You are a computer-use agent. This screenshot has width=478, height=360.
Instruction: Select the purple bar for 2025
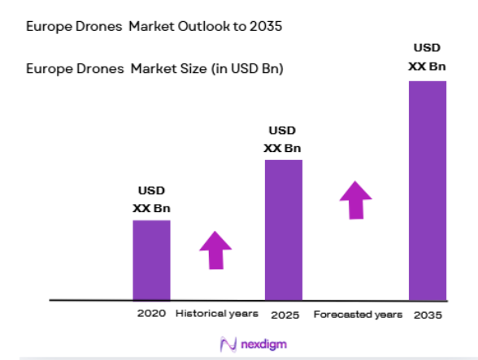coord(283,230)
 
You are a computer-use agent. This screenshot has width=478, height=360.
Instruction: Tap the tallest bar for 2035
coord(427,191)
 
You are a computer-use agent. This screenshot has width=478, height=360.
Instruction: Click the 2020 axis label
coord(151,314)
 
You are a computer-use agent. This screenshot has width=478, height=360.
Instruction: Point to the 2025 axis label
coord(284,314)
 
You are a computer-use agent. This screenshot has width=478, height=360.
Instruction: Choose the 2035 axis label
coord(427,314)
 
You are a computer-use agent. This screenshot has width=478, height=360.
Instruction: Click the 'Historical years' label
coord(217,314)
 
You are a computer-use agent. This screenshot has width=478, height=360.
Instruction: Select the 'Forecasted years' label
coord(358,314)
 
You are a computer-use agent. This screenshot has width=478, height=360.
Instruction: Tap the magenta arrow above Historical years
coord(215,249)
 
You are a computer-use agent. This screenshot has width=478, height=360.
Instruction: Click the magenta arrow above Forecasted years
coord(355,199)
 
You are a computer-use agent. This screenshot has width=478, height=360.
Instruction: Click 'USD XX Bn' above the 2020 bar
coord(151,199)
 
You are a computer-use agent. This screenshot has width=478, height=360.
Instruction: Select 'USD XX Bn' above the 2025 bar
coord(283,139)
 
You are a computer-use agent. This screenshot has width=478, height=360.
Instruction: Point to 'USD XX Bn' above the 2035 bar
coord(427,56)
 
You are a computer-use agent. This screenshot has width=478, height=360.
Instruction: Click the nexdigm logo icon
coord(228,345)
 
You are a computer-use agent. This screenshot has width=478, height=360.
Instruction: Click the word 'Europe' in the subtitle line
coord(48,69)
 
